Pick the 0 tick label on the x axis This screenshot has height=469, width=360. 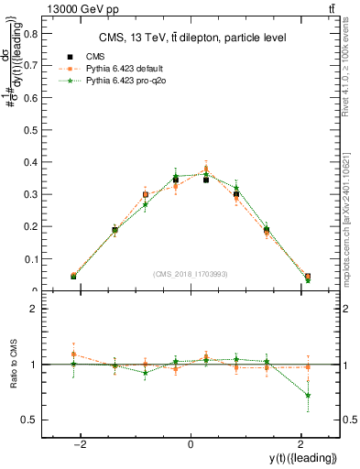point(190,444)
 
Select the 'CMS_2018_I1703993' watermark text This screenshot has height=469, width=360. point(190,274)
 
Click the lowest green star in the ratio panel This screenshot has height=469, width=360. point(308,396)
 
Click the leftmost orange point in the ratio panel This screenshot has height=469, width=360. point(73,354)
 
